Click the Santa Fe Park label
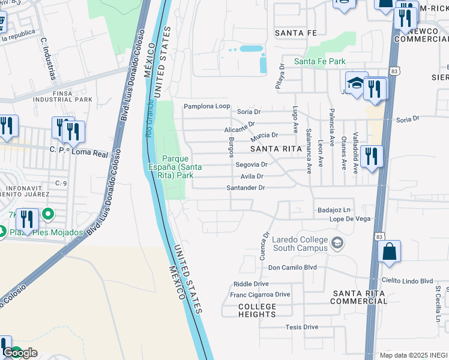click(319, 61)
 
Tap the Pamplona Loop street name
click(206, 106)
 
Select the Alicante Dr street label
click(239, 127)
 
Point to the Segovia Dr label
click(251, 164)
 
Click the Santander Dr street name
click(246, 188)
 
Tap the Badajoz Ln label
click(333, 210)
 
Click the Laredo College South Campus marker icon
click(337, 243)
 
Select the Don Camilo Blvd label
click(292, 268)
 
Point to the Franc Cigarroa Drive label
click(260, 295)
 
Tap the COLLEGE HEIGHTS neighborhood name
click(258, 311)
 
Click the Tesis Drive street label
click(301, 327)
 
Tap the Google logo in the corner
click(20, 353)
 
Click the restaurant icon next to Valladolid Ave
click(372, 157)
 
